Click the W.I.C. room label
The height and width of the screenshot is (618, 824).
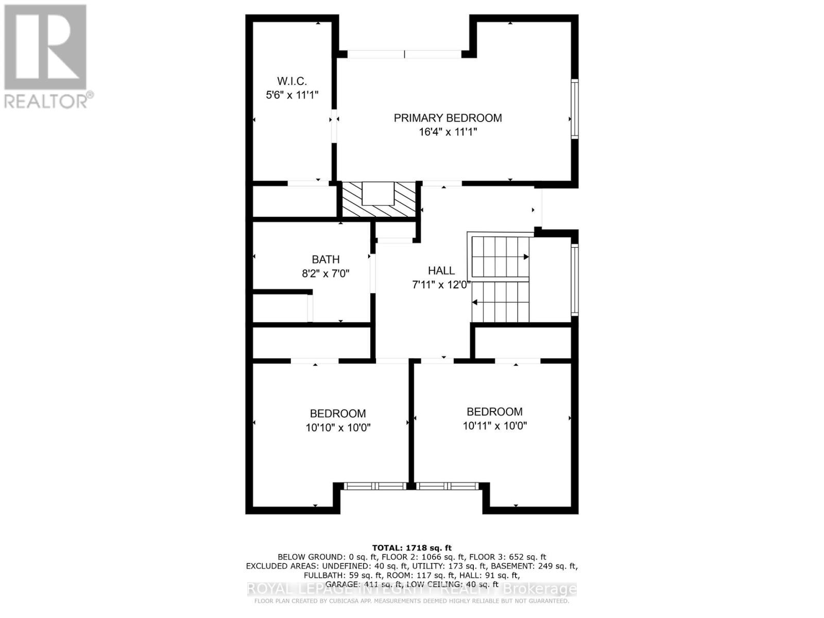click(x=292, y=81)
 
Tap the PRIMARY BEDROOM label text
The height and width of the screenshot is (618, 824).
click(x=448, y=118)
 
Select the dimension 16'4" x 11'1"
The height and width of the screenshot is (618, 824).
click(x=448, y=132)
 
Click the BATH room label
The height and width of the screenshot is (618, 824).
click(x=325, y=260)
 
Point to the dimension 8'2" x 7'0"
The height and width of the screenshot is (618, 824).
click(x=325, y=273)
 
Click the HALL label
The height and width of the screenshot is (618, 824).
click(x=441, y=271)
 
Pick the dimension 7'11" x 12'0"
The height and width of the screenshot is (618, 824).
click(x=441, y=285)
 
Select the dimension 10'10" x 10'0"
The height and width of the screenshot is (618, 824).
click(x=338, y=427)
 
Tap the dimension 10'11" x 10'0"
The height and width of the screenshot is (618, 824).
click(x=494, y=426)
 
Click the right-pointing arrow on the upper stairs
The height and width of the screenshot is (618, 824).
click(x=526, y=256)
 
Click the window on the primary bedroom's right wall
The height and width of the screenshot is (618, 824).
click(x=575, y=109)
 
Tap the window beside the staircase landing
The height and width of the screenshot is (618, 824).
click(x=575, y=280)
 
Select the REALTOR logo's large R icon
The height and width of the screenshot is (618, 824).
click(x=45, y=47)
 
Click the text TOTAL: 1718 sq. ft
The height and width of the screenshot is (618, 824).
click(x=411, y=548)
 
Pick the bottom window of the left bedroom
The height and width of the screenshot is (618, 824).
click(x=375, y=486)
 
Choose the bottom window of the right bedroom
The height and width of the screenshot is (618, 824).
click(x=447, y=486)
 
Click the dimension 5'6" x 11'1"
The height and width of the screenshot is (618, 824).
click(x=292, y=95)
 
